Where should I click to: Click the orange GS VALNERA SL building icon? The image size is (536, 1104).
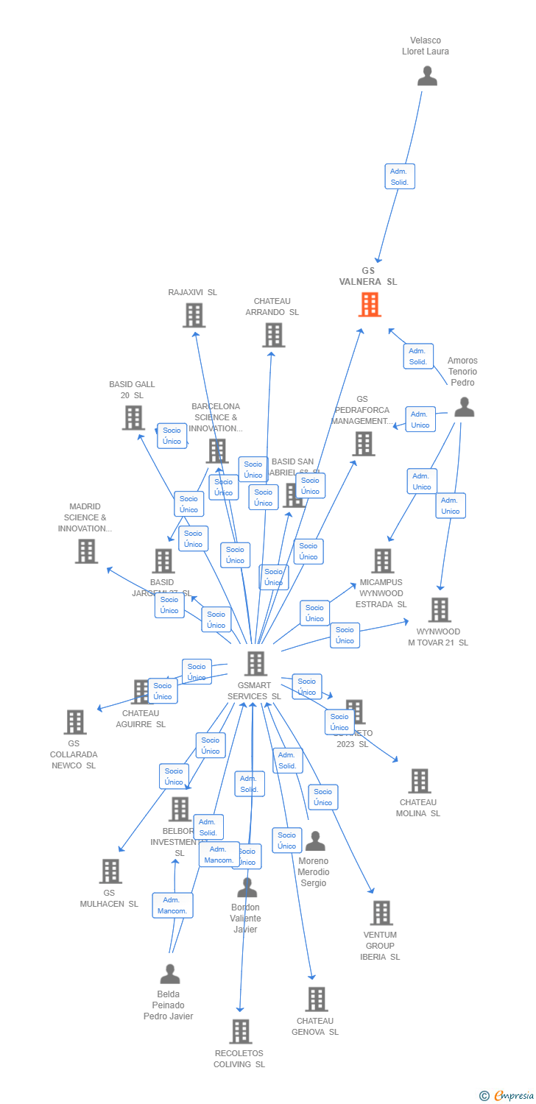coord(370,304)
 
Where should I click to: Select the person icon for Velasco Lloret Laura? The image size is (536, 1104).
coord(427,76)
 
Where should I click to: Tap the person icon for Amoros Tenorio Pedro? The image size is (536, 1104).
coord(464,407)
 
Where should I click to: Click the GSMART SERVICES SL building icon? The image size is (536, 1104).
coord(255,663)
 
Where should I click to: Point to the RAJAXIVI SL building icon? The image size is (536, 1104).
coord(194,315)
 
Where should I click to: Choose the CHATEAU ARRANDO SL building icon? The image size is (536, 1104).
coord(273,335)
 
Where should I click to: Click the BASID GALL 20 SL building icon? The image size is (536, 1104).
coord(133,417)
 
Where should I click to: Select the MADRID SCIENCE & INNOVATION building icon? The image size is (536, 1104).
coord(86,551)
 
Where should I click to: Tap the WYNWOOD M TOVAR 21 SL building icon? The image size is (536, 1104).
coord(440,609)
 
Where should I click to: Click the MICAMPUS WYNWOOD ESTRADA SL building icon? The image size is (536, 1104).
coord(382,561)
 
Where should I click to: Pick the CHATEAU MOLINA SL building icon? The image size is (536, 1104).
coord(419,780)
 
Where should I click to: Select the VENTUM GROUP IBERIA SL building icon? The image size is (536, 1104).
coord(381,913)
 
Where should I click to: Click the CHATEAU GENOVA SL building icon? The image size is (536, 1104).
coord(317,999)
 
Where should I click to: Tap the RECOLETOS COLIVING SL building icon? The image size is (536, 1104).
coord(241,1031)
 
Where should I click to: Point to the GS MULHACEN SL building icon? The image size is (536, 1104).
coord(110,871)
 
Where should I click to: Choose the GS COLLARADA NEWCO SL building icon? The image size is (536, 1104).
coord(74,722)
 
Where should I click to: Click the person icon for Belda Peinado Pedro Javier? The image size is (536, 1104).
coord(170,974)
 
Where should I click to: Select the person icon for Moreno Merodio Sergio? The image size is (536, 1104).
coord(315,841)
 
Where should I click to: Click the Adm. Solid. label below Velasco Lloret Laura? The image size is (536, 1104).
coord(400,177)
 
